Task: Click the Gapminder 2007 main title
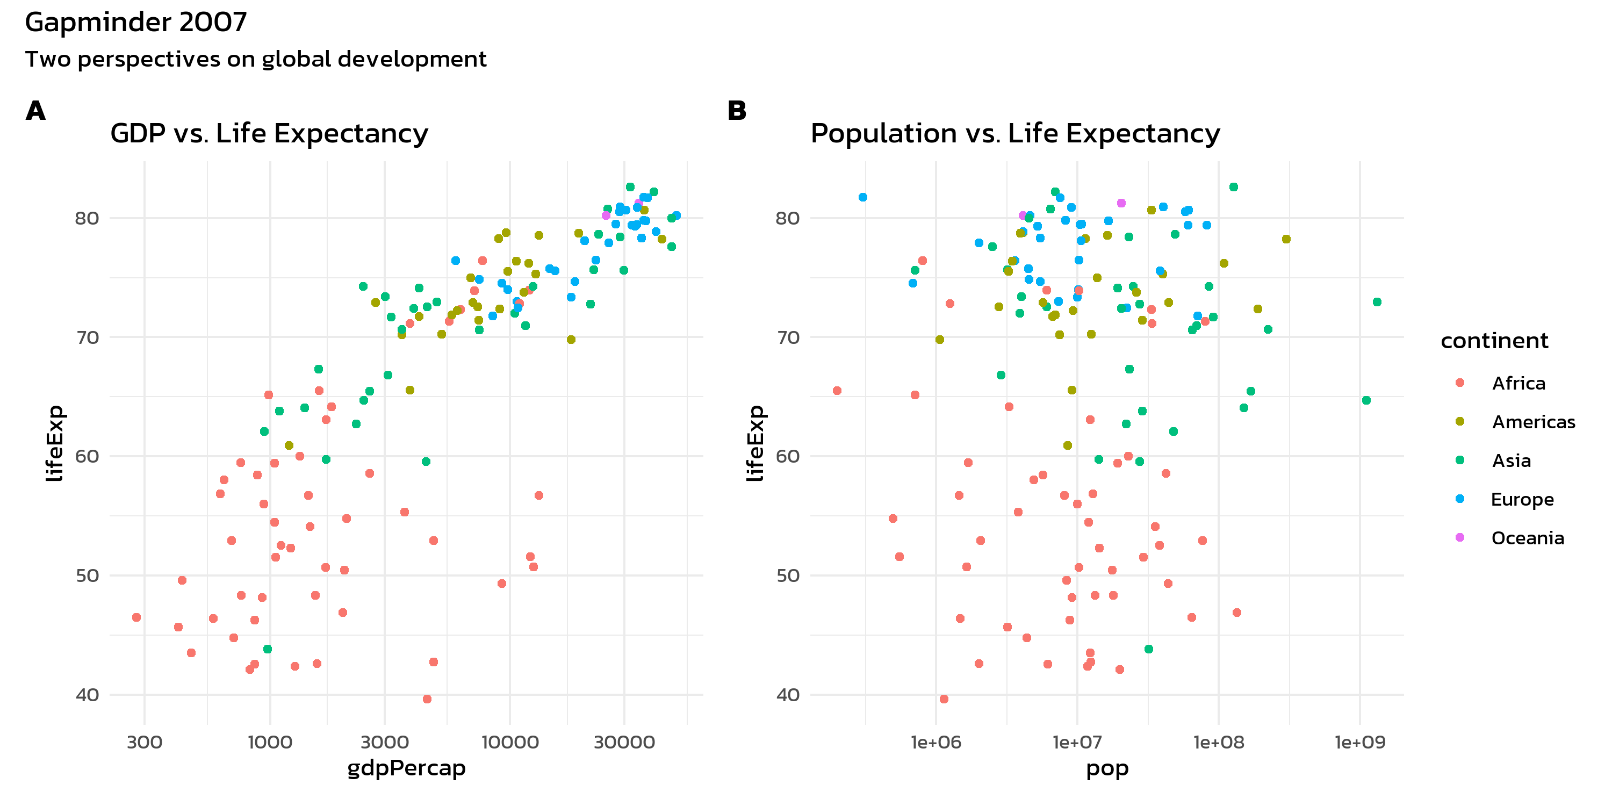point(136,23)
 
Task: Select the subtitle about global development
point(255,60)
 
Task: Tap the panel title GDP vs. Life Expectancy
point(269,134)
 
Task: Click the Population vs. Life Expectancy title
point(1015,134)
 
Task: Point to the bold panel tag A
point(35,111)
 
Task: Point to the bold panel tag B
point(737,111)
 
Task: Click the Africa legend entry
point(1518,383)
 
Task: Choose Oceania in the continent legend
point(1527,538)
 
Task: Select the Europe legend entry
point(1522,499)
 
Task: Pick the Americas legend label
point(1533,422)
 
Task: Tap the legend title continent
point(1494,341)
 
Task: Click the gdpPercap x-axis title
point(406,768)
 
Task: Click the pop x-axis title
point(1107,768)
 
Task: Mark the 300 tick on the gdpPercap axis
point(145,742)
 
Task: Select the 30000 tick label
point(624,742)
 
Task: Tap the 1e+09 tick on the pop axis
point(1360,742)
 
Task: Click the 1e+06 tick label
point(936,742)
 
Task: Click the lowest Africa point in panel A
point(427,699)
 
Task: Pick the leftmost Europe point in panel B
point(863,197)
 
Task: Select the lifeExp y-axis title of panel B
point(755,443)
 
